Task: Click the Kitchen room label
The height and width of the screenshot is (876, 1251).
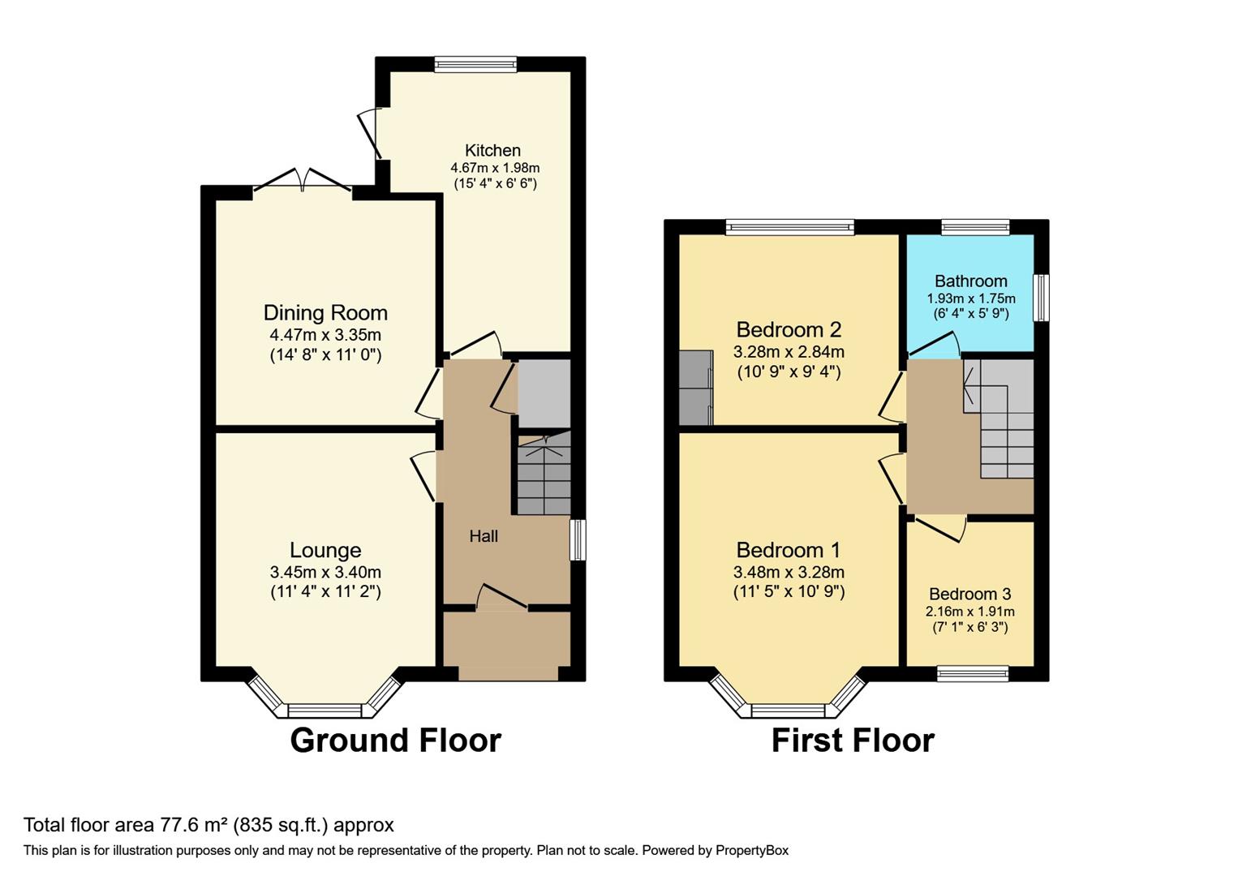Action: tap(492, 150)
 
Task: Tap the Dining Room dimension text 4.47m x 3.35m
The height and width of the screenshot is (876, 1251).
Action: tap(325, 334)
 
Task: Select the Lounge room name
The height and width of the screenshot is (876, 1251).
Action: tap(325, 550)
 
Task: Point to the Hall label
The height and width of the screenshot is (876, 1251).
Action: tap(484, 536)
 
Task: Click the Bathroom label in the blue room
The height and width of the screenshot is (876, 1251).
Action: tap(970, 281)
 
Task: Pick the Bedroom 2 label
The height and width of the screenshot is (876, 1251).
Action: tap(789, 329)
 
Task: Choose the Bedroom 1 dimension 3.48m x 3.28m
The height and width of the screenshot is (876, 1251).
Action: tap(789, 571)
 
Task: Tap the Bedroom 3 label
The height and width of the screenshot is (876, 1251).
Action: tap(969, 594)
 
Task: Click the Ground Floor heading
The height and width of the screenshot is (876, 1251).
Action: tap(395, 740)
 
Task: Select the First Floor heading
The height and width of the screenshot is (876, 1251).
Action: tap(852, 740)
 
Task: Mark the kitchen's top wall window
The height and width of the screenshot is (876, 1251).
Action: tap(475, 65)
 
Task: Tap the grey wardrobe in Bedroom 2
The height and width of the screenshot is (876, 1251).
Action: tap(695, 388)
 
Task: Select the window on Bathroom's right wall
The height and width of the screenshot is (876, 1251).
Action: tap(1041, 298)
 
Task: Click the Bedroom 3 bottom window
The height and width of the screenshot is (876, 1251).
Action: tap(972, 673)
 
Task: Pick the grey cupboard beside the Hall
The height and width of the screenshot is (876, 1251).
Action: tap(544, 393)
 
